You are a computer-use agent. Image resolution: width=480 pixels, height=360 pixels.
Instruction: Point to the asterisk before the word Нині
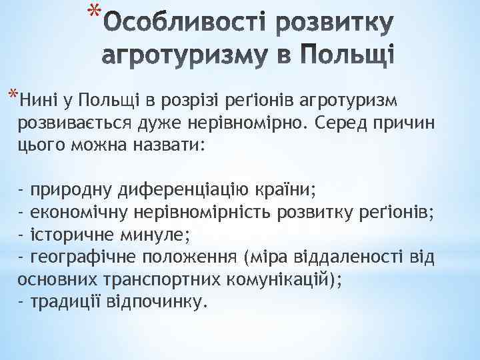pyautogui.click(x=13, y=93)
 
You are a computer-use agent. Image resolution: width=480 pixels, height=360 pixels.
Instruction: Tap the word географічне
pyautogui.click(x=80, y=257)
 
